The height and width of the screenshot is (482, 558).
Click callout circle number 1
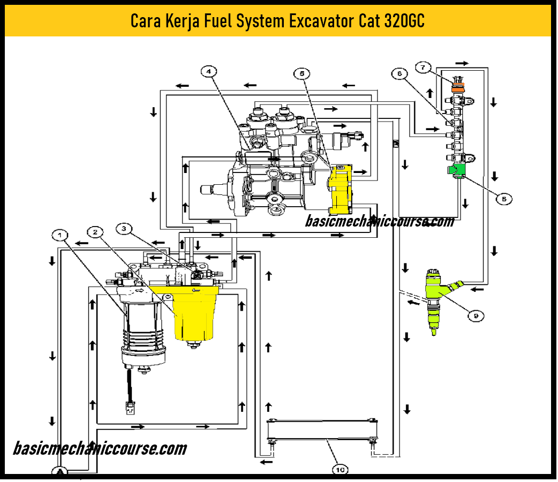pyautogui.click(x=60, y=235)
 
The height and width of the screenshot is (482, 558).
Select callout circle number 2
pyautogui.click(x=95, y=232)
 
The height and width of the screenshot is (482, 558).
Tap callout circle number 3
pyautogui.click(x=124, y=229)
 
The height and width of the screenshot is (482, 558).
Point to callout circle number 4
pyautogui.click(x=209, y=71)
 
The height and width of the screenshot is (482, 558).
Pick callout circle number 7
pyautogui.click(x=423, y=67)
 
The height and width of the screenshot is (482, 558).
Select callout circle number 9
pyautogui.click(x=474, y=316)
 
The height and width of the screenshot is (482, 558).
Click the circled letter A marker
pyautogui.click(x=61, y=471)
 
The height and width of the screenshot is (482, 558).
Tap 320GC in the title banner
pyautogui.click(x=405, y=21)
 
